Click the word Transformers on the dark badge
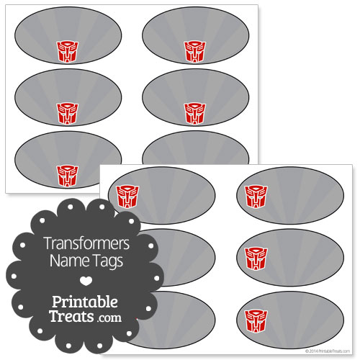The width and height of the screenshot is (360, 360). [87, 243]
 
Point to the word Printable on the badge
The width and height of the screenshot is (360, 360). [85, 302]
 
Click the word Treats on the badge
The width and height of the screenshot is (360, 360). [72, 316]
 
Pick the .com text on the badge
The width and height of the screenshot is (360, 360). [109, 318]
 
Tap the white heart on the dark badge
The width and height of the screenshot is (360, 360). [86, 281]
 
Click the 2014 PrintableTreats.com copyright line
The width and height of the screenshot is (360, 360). [328, 351]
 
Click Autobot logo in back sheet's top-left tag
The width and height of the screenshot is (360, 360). [68, 52]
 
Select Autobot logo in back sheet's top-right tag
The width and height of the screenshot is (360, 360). [195, 52]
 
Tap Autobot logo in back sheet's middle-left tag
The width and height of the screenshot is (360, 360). [68, 114]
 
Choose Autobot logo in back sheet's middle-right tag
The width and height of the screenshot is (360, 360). [195, 114]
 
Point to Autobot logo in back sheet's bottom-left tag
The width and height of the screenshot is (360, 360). [68, 176]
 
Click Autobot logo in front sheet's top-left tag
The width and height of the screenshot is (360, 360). [127, 197]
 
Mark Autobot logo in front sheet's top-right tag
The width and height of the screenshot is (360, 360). [256, 197]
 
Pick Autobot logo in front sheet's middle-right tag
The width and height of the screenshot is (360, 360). [256, 259]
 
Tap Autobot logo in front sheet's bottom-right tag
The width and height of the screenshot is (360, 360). [256, 321]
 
